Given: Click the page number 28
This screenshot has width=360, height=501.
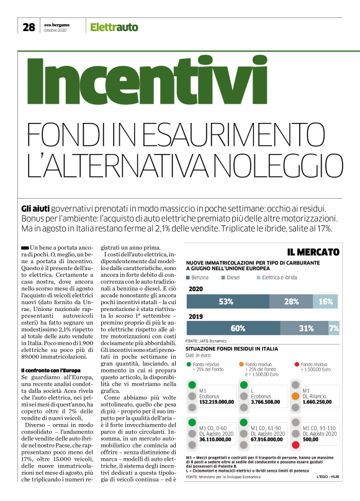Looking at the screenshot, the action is coord(29,27).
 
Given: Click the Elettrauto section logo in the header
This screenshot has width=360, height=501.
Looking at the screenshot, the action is coord(114,27).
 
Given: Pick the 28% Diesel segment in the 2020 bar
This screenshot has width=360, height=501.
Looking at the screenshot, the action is coord(290,302).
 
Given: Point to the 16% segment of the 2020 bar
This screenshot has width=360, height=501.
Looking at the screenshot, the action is coord(325,302).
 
